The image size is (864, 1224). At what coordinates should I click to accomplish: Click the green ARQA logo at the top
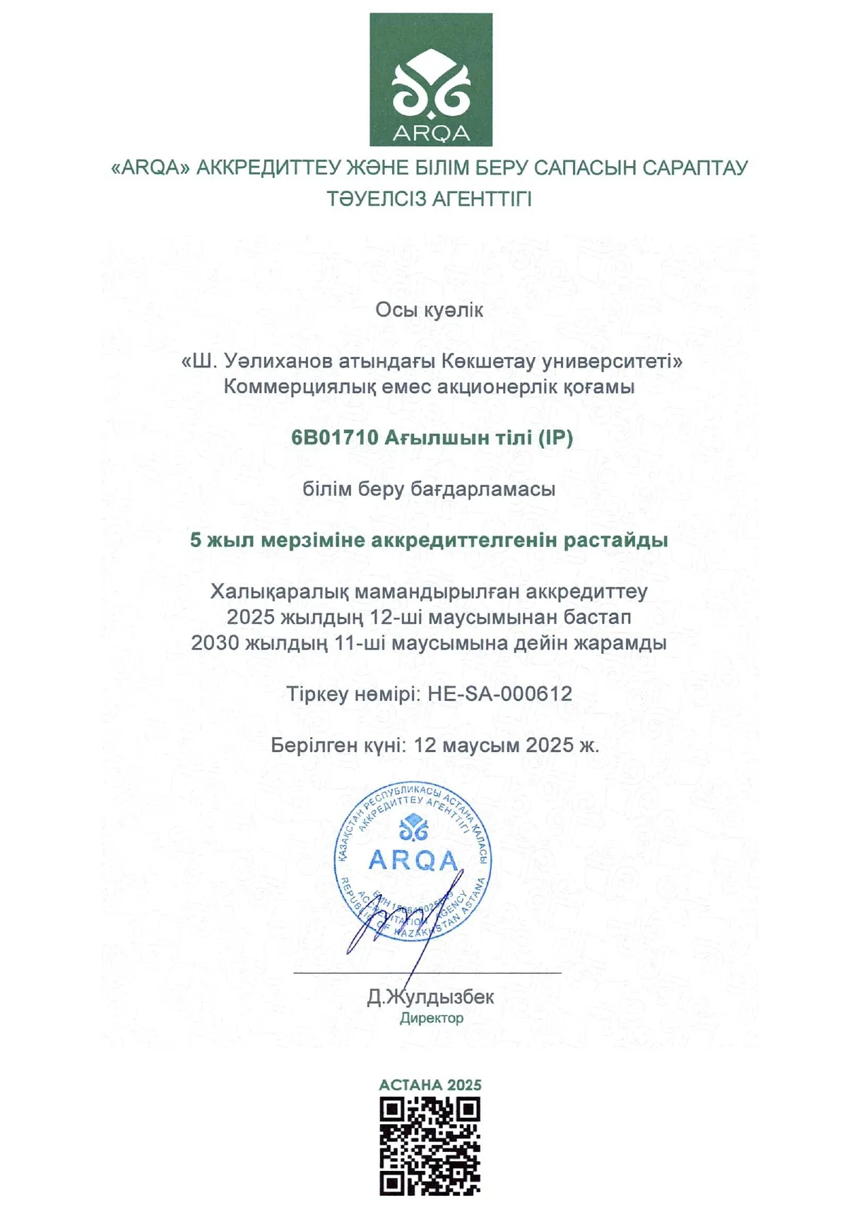tap(431, 79)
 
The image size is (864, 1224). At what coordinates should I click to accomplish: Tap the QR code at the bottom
tap(430, 1146)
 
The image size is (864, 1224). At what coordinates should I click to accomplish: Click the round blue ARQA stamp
tap(413, 861)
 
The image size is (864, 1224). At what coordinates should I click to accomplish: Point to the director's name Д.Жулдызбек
tap(431, 997)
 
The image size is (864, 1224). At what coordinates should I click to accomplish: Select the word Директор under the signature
tap(432, 1018)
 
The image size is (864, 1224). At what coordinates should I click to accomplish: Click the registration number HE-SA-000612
tap(500, 694)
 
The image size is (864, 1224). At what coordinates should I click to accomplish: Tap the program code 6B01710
tap(335, 438)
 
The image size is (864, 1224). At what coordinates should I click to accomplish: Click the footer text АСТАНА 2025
tap(430, 1085)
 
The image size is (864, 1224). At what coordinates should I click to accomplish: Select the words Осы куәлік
tap(430, 310)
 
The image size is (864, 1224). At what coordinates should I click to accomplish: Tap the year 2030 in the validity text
tap(215, 643)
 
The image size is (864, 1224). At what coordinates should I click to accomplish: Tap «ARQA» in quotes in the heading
tap(150, 168)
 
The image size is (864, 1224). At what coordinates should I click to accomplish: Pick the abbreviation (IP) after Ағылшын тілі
tap(555, 438)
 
